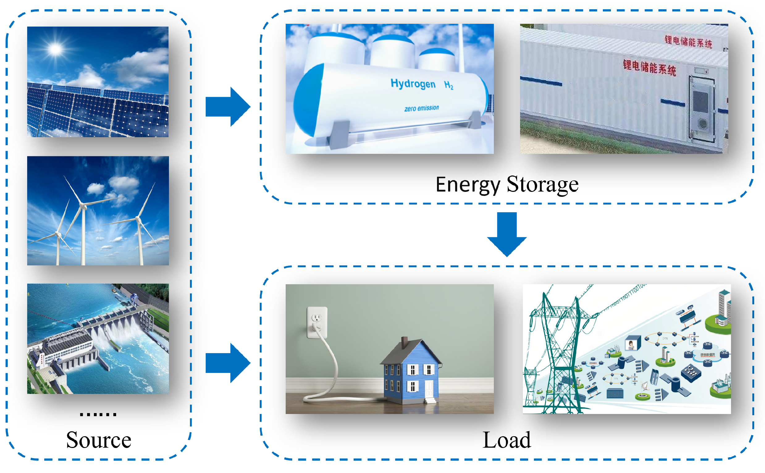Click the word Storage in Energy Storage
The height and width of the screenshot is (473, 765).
coord(542,184)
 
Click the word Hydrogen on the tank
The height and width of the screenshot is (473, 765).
coord(413,84)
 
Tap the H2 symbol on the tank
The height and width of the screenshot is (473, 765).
coord(449,85)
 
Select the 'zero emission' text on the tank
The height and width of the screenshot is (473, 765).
coord(422,108)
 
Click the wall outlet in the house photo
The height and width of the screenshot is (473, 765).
coord(317,322)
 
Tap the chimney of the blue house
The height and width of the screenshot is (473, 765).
coord(404,342)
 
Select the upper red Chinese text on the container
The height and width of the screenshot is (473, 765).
coord(688,42)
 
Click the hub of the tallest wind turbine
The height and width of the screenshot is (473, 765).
coord(82,205)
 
